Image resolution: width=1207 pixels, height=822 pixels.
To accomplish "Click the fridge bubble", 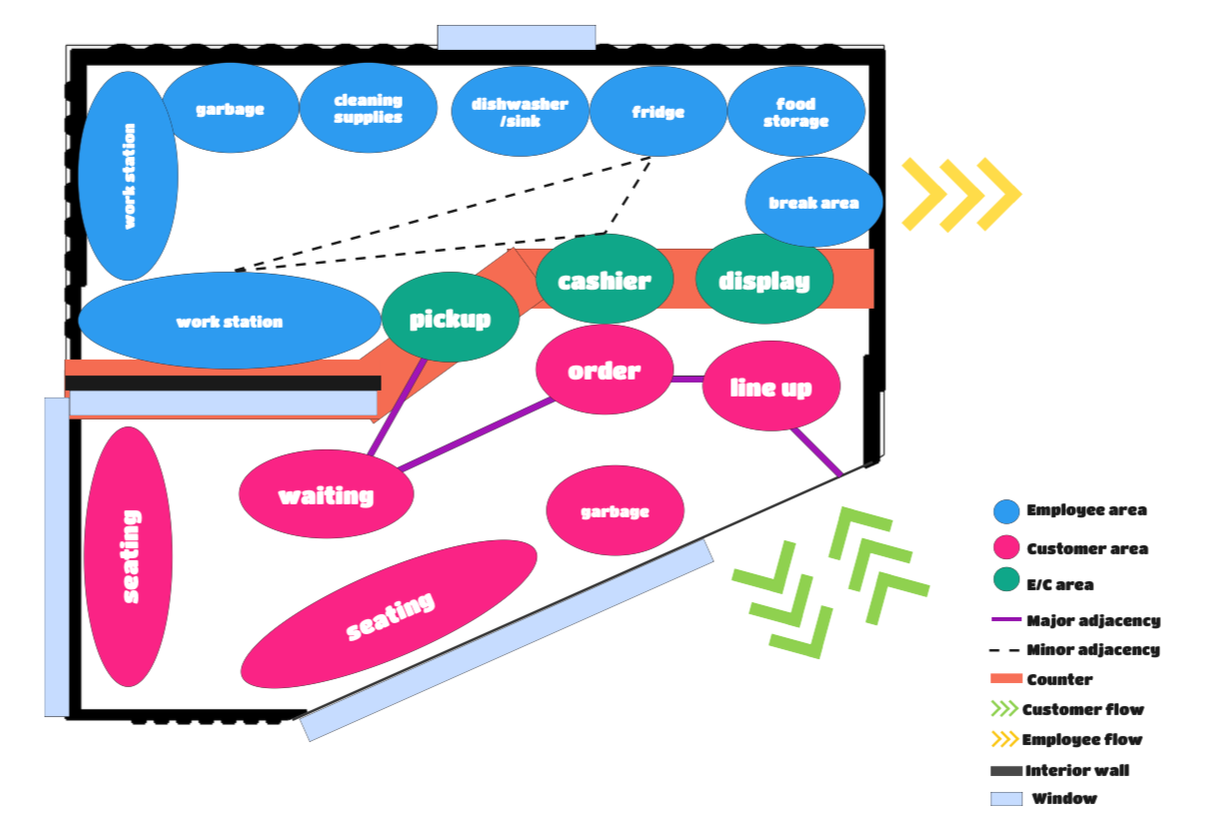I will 657,112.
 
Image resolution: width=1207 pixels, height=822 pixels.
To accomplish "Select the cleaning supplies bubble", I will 368,108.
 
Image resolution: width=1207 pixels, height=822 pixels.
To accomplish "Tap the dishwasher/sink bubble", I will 520,112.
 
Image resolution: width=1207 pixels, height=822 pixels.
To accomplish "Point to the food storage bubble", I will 795,112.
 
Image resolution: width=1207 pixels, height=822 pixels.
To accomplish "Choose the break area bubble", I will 813,202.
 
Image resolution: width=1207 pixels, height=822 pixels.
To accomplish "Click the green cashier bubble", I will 603,280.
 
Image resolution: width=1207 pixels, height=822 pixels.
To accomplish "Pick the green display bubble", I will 764,280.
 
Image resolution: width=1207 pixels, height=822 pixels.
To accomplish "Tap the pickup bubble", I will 450,318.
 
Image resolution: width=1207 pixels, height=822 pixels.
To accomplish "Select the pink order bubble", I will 603,370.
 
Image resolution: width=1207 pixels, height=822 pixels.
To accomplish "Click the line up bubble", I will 770,387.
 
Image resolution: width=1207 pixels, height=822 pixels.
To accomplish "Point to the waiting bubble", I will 326,494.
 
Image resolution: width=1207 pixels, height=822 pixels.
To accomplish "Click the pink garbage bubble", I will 614,511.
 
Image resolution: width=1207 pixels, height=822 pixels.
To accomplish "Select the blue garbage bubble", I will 230,108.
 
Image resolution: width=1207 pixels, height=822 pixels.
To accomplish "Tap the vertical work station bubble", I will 128,176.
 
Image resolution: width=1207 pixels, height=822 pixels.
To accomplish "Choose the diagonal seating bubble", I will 390,614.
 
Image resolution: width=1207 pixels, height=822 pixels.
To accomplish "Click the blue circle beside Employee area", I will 1006,511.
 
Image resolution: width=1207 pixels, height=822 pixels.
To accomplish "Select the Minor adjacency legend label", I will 1093,650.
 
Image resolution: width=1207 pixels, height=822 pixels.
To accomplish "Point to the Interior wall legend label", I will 1077,771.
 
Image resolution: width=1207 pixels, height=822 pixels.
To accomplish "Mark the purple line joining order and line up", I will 687,379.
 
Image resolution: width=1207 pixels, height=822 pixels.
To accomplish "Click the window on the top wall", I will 517,37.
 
